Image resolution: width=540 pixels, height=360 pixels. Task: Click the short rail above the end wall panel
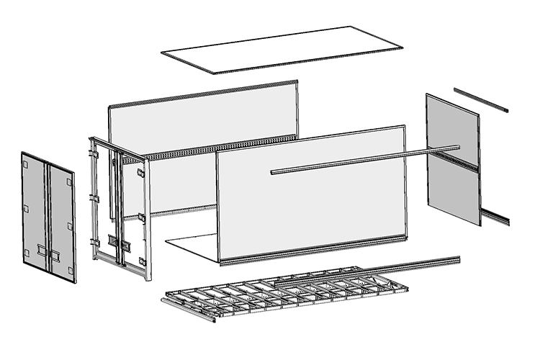pos(480,99)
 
